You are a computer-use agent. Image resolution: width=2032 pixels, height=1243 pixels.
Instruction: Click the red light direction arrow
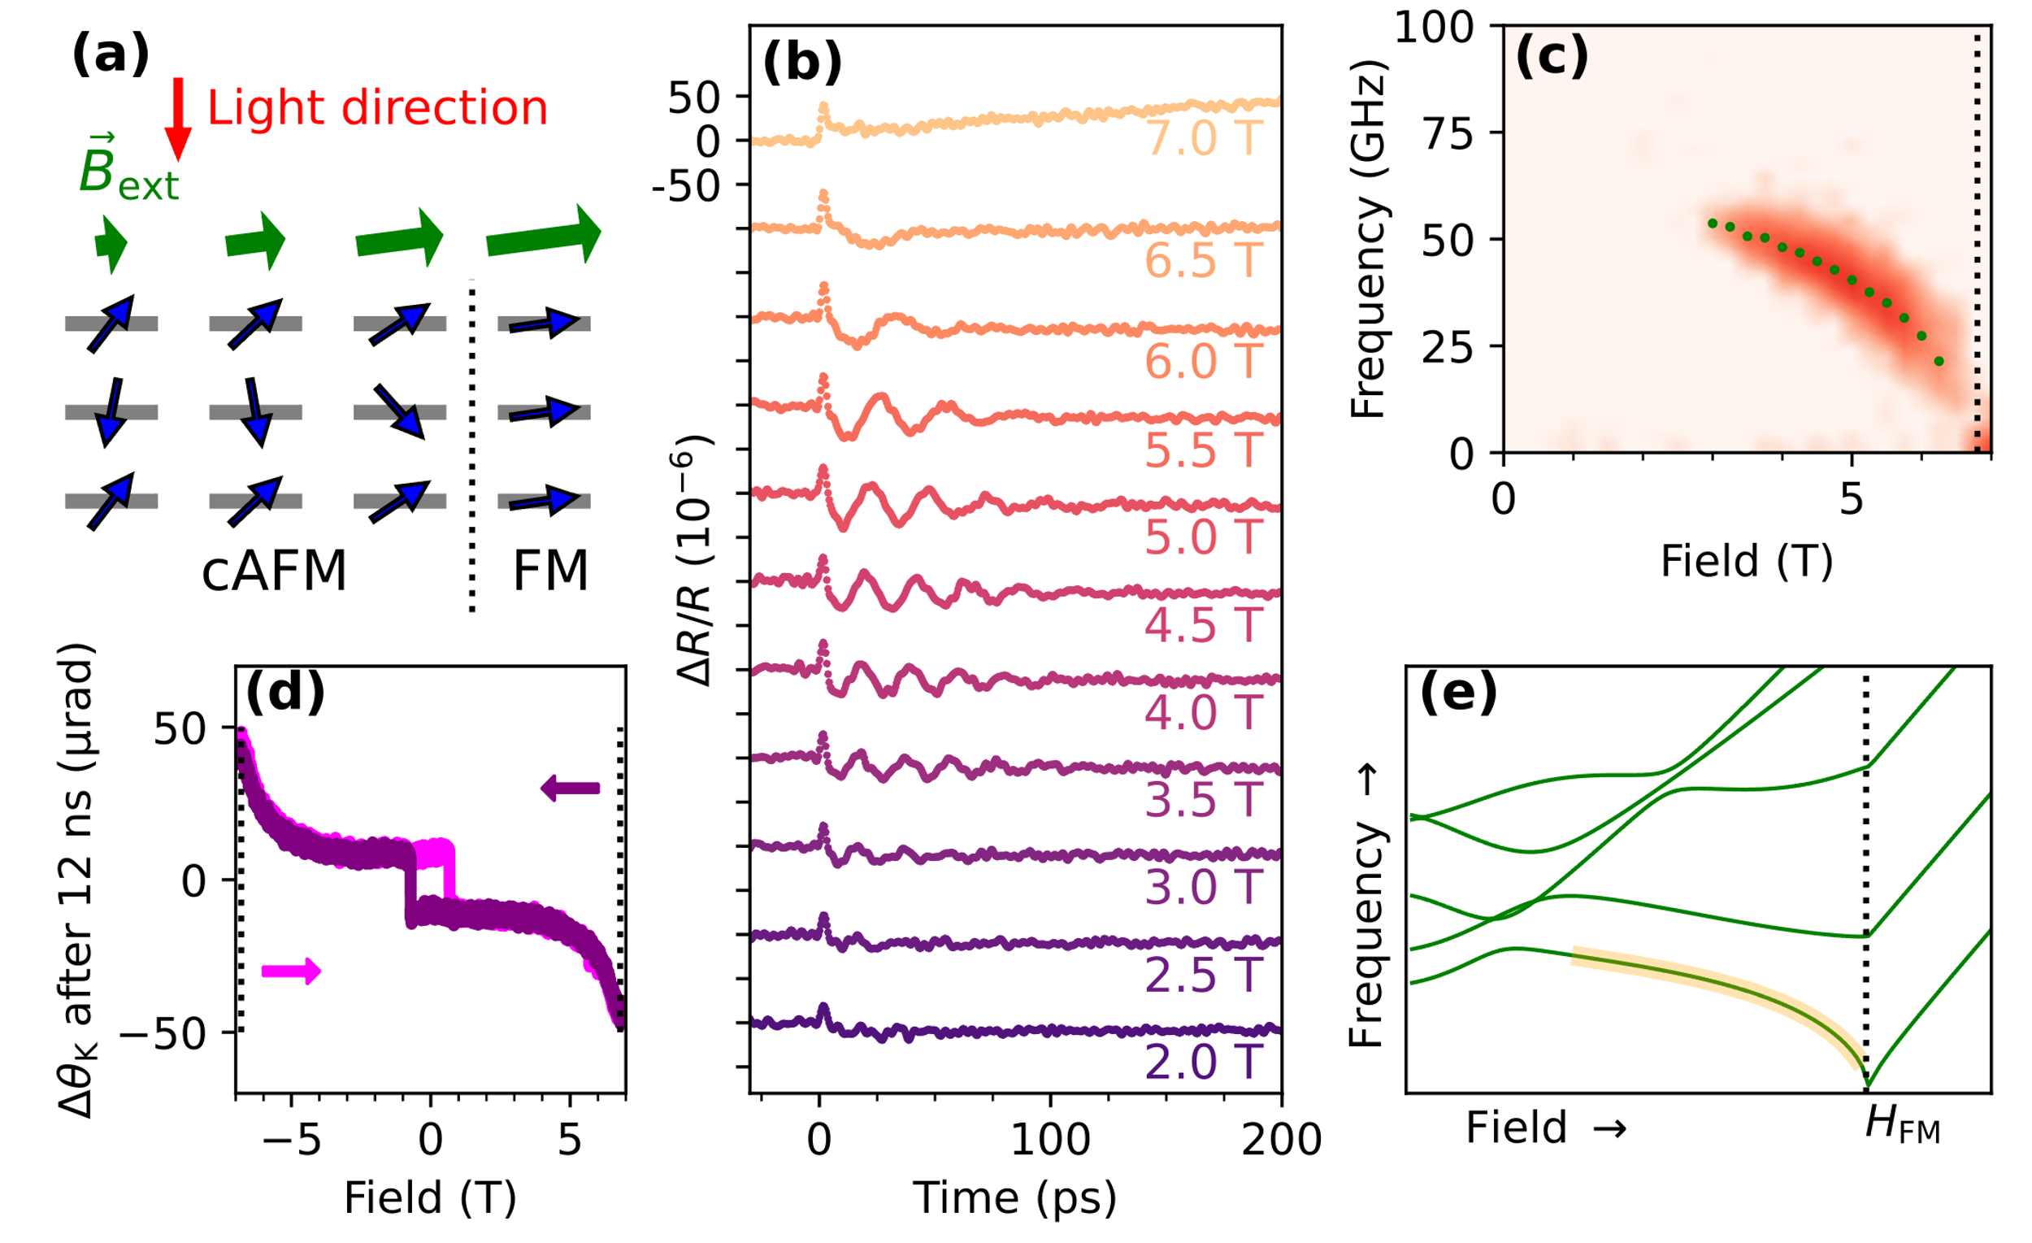[x=178, y=118]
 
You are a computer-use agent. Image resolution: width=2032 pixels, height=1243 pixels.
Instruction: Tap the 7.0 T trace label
[x=1203, y=137]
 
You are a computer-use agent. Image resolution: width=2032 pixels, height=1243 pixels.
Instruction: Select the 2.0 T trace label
[x=1203, y=1062]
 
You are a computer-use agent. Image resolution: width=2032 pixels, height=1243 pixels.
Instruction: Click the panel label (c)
[x=1551, y=57]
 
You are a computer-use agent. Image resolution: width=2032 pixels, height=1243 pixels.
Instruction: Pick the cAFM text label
[x=274, y=571]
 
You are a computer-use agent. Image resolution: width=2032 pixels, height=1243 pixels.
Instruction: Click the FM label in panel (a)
[x=550, y=571]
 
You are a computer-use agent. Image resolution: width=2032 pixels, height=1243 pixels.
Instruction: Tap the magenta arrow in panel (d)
[x=291, y=971]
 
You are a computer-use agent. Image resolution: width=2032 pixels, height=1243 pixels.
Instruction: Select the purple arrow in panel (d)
[x=570, y=788]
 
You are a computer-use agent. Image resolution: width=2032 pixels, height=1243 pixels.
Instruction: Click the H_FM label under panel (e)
[x=1903, y=1126]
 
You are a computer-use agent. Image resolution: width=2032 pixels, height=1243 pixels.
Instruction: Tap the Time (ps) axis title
[x=1014, y=1197]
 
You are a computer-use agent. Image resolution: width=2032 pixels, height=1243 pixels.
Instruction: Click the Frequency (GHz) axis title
[x=1366, y=239]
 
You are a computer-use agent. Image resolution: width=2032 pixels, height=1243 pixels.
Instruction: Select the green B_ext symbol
[x=128, y=169]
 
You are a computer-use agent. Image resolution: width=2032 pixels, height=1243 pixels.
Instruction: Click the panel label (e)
[x=1457, y=693]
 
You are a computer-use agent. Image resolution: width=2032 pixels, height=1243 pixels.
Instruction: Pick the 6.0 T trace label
[x=1203, y=361]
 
